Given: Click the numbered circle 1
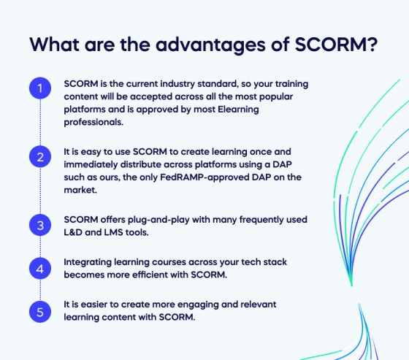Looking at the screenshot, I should pos(40,90).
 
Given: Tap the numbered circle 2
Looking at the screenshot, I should pos(40,157).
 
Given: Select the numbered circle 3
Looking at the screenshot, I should pos(40,225).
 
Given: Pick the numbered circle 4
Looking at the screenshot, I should pos(40,269).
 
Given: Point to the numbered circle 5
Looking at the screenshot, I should pos(40,312).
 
